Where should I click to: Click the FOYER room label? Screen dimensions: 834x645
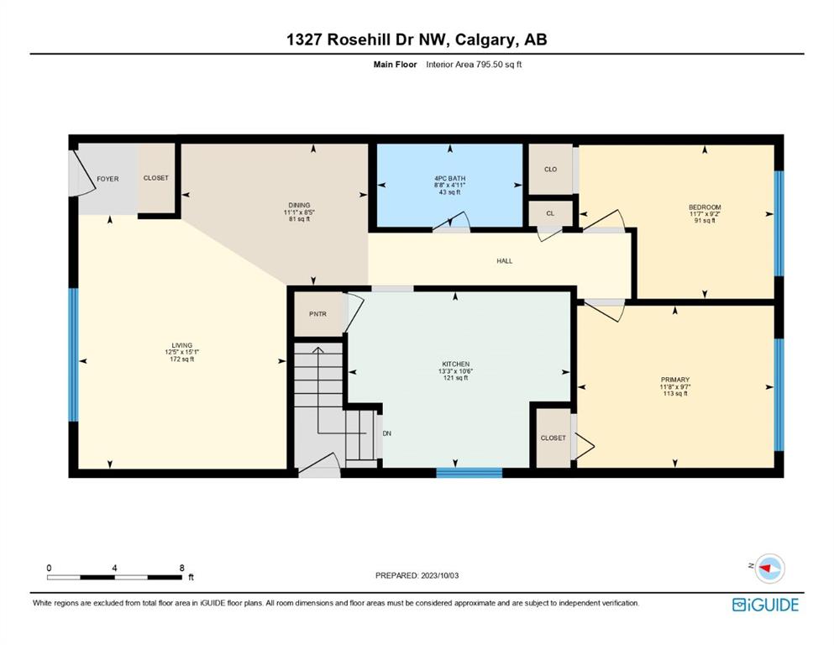click(x=108, y=179)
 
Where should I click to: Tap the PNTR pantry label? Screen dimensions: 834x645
click(x=317, y=314)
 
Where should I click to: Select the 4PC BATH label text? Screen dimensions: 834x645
click(x=449, y=179)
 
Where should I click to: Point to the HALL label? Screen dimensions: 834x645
click(x=504, y=261)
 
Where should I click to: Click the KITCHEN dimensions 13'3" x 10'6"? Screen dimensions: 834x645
click(x=456, y=371)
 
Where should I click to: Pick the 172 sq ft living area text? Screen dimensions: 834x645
click(x=182, y=359)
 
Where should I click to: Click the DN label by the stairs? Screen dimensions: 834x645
click(x=386, y=433)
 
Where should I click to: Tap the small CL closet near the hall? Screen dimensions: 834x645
click(x=550, y=213)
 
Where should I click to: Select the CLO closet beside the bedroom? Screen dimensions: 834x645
click(x=550, y=169)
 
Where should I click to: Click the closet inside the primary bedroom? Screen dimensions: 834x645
click(x=553, y=438)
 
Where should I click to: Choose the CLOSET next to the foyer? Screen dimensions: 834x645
click(x=156, y=178)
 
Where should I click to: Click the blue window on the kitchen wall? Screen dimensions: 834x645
click(x=469, y=473)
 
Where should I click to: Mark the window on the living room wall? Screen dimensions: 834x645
click(x=73, y=354)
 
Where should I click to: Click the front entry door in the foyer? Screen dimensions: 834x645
click(x=81, y=173)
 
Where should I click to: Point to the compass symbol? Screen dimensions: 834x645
click(x=769, y=568)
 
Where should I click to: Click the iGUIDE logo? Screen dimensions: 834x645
click(x=765, y=605)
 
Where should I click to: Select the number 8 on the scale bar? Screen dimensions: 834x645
click(x=182, y=568)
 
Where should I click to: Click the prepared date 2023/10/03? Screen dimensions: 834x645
click(x=439, y=575)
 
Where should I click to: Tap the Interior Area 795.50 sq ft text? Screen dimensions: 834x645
click(x=474, y=65)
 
